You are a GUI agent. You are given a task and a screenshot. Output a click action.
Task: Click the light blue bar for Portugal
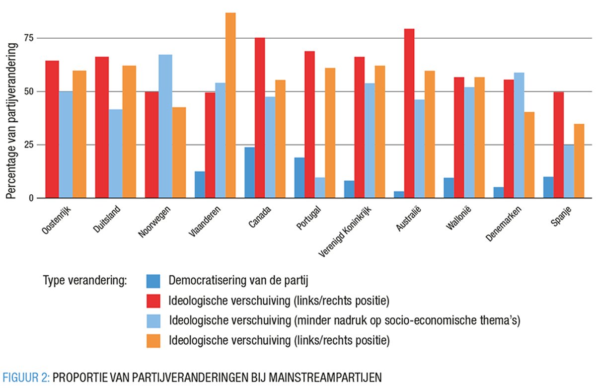pyautogui.click(x=320, y=188)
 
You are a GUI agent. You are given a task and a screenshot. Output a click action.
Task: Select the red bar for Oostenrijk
pyautogui.click(x=52, y=129)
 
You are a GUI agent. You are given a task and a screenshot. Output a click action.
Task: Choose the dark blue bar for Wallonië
pyautogui.click(x=449, y=188)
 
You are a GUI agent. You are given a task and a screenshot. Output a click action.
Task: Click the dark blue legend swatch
pyautogui.click(x=153, y=281)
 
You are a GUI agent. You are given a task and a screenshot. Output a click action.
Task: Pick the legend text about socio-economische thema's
pyautogui.click(x=344, y=320)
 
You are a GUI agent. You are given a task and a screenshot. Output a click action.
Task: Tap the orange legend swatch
pyautogui.click(x=153, y=341)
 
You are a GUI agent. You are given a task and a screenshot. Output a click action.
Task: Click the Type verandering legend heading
pyautogui.click(x=85, y=281)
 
